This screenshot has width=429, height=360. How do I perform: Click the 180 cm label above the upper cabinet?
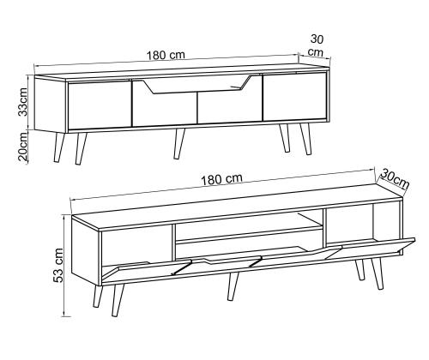[x=166, y=55]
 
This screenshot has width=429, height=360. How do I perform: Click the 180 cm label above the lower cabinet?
[x=221, y=179]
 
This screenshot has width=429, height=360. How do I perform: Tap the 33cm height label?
[x=22, y=101]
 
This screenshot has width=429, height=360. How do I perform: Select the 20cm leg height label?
[x=23, y=147]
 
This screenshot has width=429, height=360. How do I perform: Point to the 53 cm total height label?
[x=58, y=265]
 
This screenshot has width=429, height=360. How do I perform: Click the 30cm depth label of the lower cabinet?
[x=396, y=178]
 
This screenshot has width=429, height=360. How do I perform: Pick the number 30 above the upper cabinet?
[x=317, y=39]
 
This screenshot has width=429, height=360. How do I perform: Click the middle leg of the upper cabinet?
[x=178, y=143]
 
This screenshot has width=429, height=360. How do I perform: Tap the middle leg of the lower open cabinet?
[x=233, y=286]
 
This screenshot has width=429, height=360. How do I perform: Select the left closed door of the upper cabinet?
[x=99, y=105]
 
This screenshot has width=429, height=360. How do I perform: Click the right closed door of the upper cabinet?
[x=294, y=96]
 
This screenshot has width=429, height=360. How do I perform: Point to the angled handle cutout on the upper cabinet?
[x=196, y=85]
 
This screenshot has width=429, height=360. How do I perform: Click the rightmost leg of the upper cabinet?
[x=305, y=140]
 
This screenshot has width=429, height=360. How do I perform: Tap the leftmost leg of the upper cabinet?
[x=59, y=147]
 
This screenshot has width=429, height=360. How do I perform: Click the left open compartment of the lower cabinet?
[x=136, y=248]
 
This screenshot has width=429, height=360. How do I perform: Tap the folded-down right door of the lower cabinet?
[x=371, y=248]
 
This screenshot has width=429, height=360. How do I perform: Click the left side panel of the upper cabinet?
[x=51, y=105]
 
